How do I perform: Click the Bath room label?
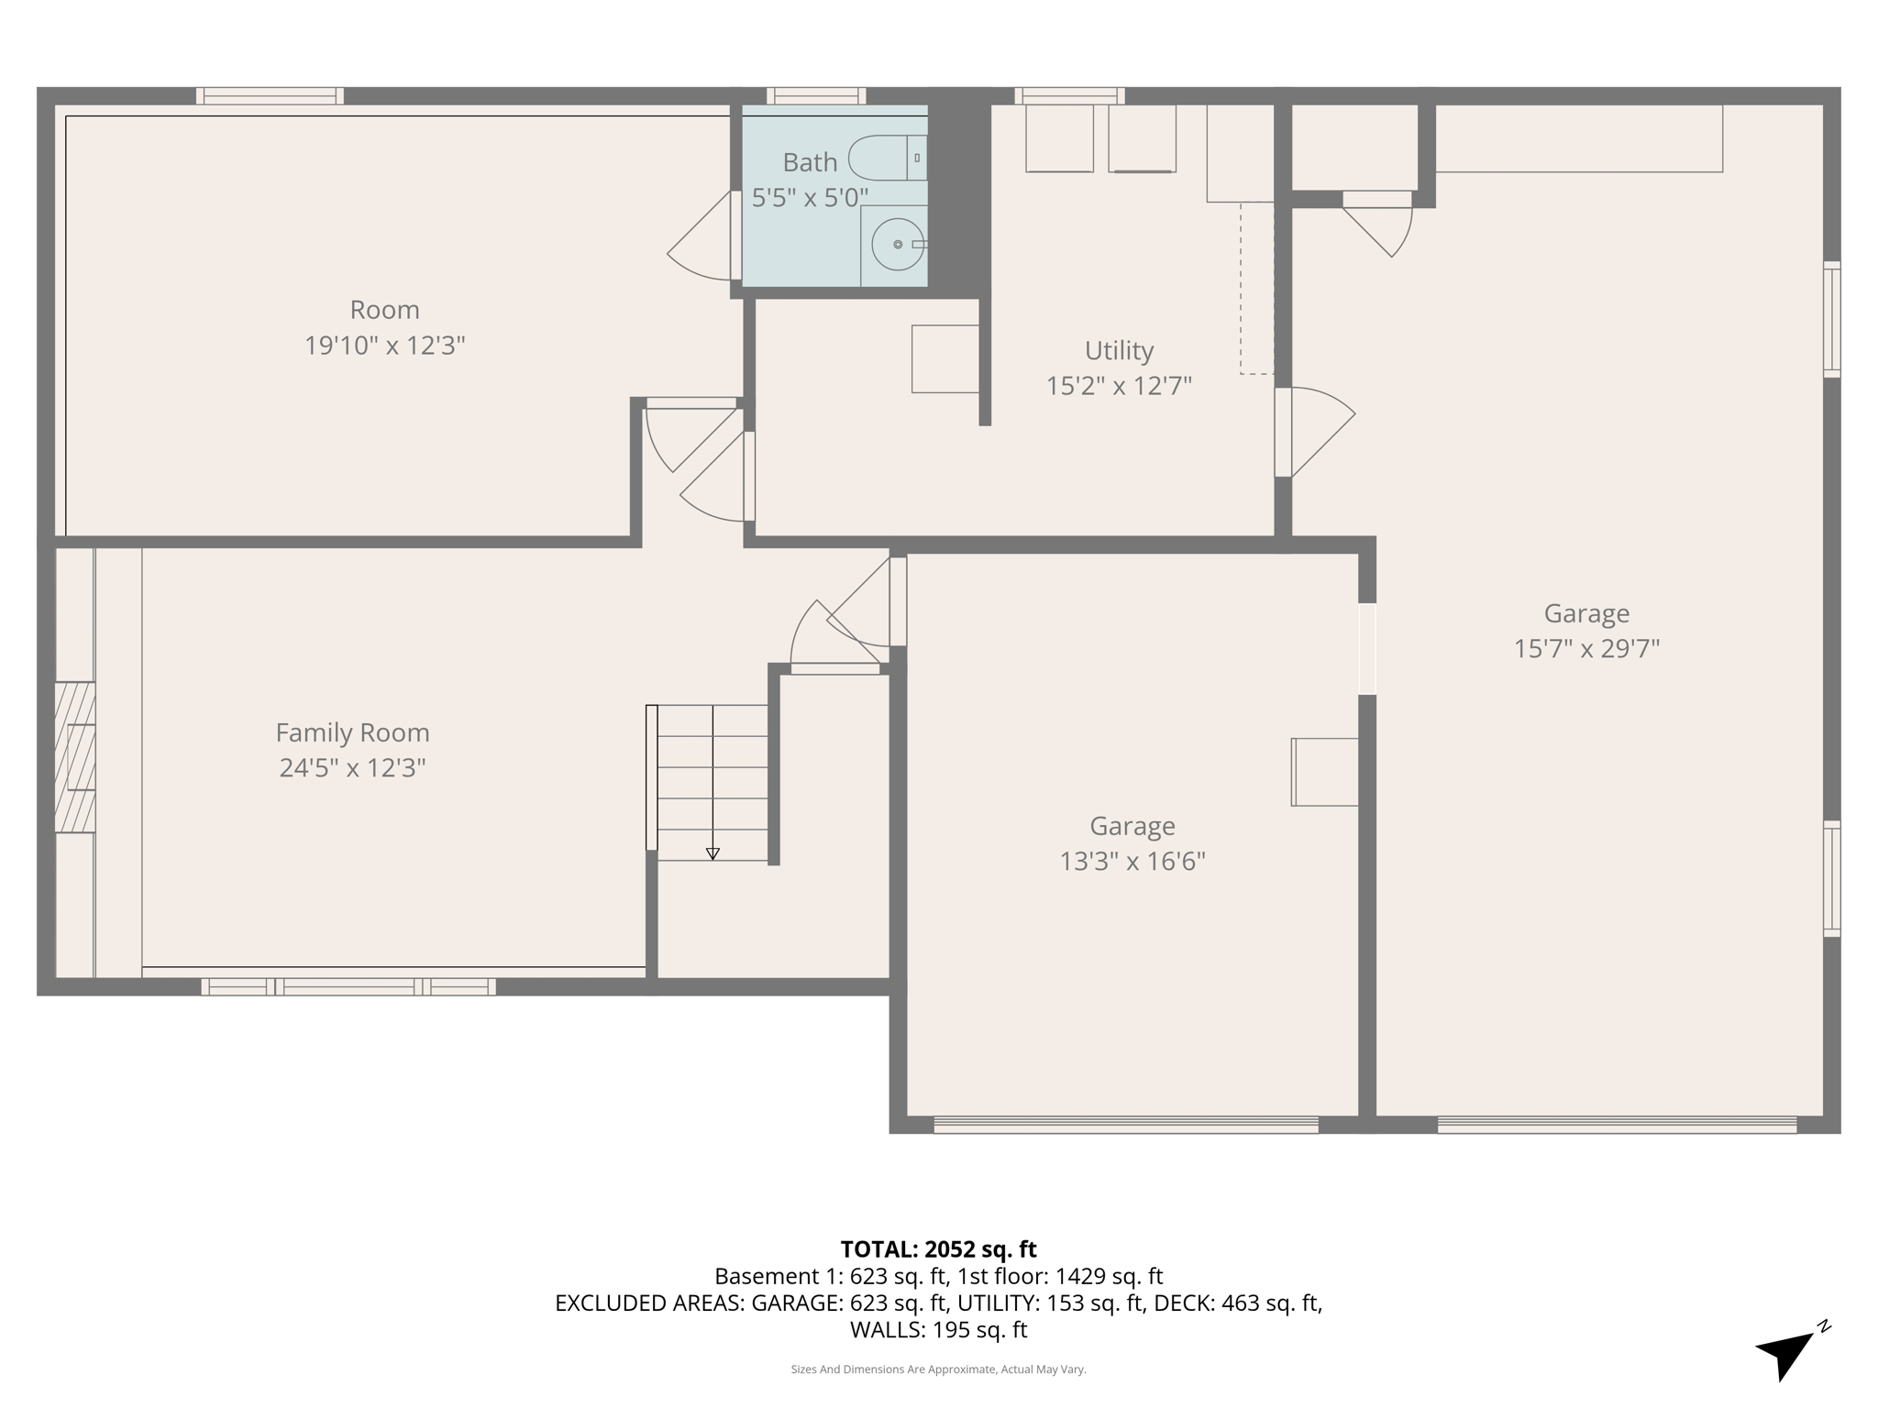(810, 162)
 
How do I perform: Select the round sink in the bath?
(897, 244)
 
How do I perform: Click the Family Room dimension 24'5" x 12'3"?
(352, 767)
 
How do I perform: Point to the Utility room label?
(1119, 350)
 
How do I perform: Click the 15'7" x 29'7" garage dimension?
(1586, 648)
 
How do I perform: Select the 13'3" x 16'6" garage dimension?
(1132, 861)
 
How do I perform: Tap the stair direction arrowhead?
(713, 853)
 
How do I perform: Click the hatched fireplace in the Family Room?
(74, 757)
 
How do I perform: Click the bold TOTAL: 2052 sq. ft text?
(938, 1248)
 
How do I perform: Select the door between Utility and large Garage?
(1313, 431)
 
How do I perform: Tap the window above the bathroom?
(816, 95)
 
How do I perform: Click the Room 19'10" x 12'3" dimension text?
(384, 345)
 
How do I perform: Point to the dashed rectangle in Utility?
(1256, 288)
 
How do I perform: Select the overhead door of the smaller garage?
(1125, 1125)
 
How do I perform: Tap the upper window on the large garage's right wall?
(1831, 319)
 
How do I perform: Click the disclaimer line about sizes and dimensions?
(938, 1369)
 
